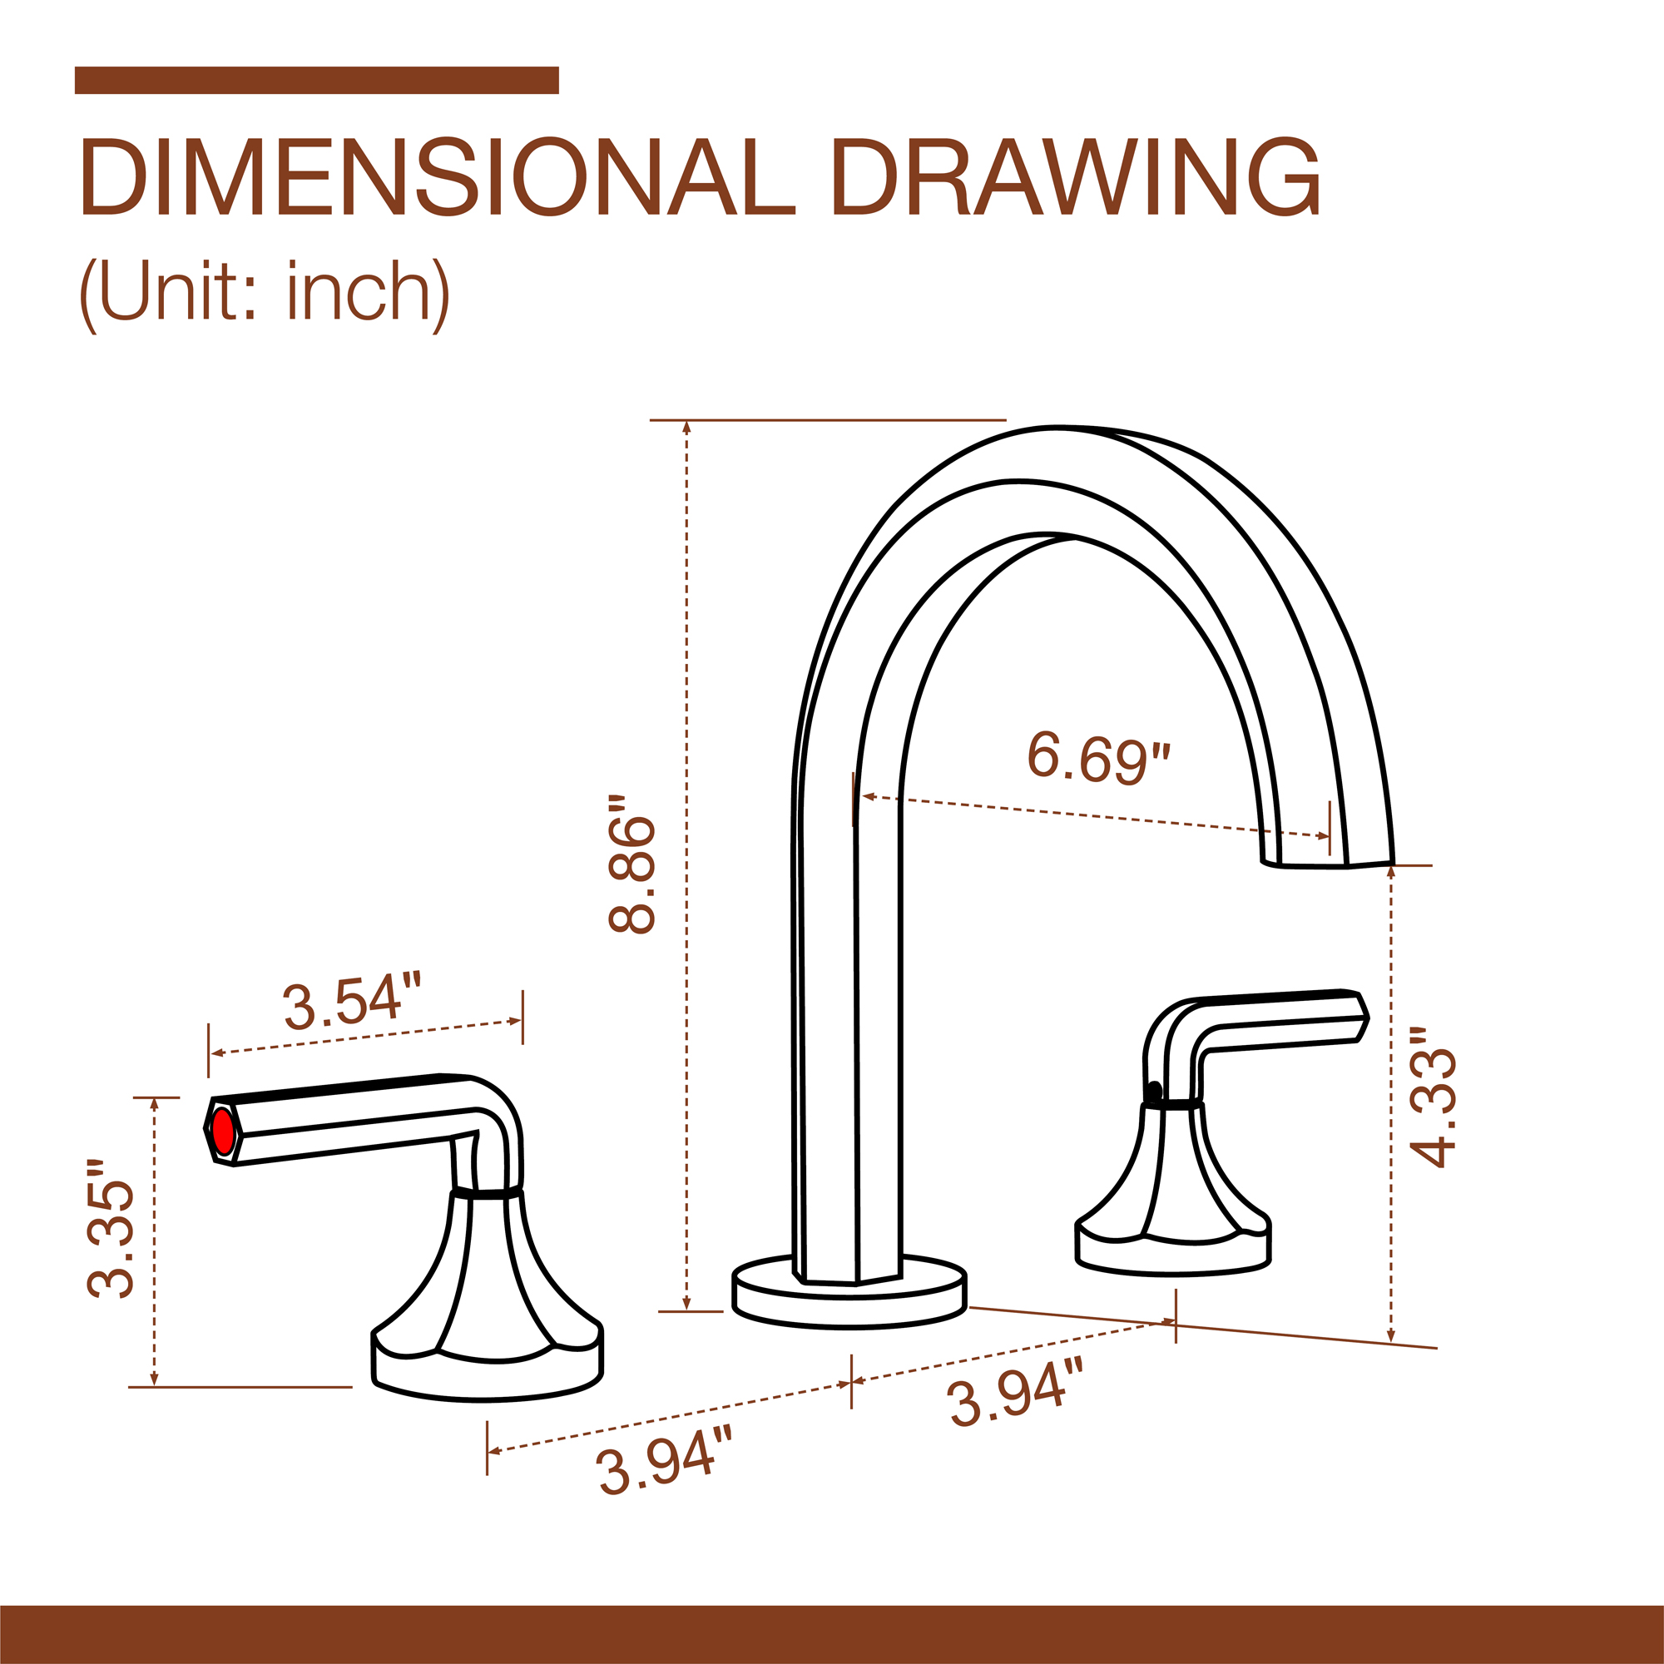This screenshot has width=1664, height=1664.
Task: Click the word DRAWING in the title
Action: point(1076,178)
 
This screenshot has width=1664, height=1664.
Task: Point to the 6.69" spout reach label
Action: point(1100,758)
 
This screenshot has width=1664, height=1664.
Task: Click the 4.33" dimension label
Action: point(1434,1107)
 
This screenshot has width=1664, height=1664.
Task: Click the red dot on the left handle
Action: point(223,1132)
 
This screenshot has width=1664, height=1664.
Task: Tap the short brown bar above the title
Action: point(316,80)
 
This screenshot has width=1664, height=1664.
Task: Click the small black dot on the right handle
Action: point(1154,1092)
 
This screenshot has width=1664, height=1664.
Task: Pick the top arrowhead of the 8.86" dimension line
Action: point(686,426)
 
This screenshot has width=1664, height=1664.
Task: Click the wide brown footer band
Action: point(832,1634)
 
